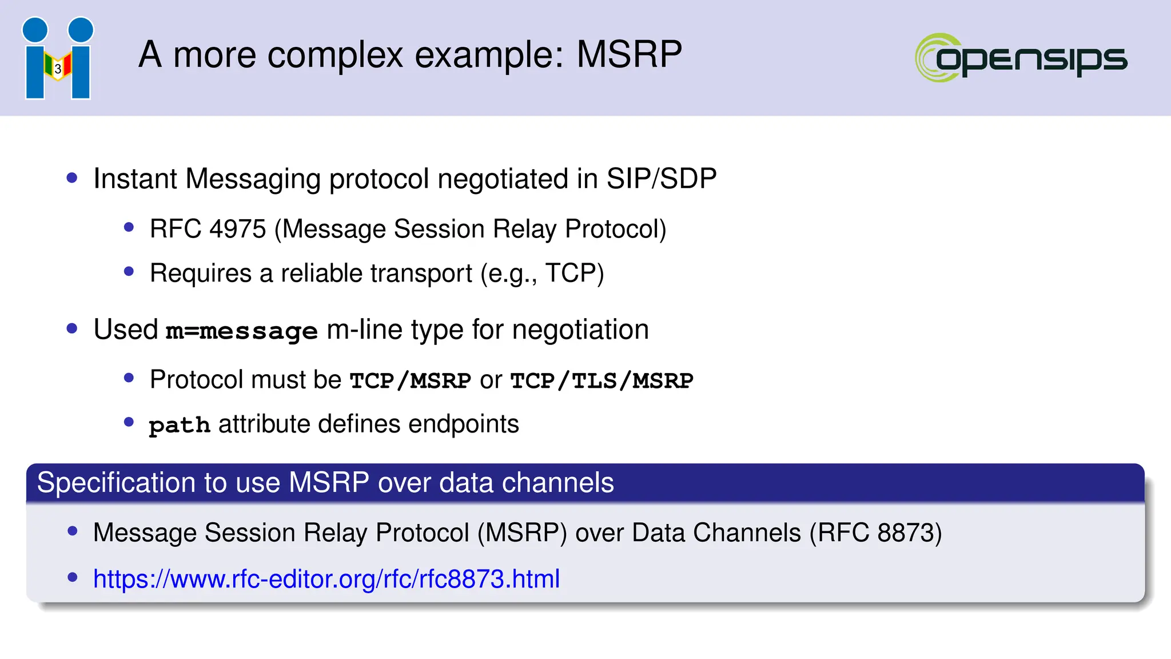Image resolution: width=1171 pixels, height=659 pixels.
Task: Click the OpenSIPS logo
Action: [x=1021, y=58]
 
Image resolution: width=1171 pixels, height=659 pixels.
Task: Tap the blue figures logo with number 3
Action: [x=58, y=58]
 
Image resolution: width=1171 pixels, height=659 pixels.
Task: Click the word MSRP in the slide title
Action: [x=629, y=55]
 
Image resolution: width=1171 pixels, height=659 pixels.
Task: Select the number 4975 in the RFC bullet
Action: [x=237, y=229]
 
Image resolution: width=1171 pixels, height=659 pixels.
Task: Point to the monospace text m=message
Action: [x=241, y=331]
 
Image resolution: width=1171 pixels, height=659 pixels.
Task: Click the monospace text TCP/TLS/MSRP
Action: [x=602, y=381]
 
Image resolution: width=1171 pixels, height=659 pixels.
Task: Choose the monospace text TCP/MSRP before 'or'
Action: [x=411, y=381]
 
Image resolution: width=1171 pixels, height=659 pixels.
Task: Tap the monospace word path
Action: [x=180, y=426]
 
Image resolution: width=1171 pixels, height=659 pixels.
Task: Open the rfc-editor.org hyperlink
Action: [x=326, y=579]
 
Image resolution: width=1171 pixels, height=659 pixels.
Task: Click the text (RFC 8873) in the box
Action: [x=875, y=533]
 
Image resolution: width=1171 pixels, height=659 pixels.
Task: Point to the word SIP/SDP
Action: [x=661, y=178]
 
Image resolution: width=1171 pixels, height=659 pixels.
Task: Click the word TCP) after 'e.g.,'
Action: [x=575, y=273]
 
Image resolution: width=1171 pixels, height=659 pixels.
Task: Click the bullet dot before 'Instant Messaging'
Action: [x=72, y=178]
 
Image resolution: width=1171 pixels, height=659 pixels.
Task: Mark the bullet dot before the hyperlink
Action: [x=73, y=577]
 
